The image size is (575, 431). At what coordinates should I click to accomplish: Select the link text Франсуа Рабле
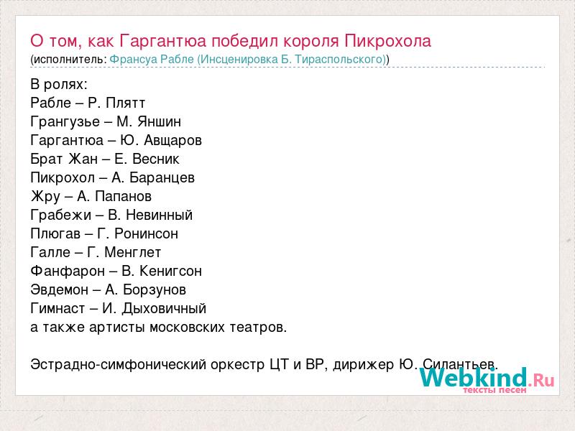[152, 60]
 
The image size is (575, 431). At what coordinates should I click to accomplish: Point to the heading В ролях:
[59, 85]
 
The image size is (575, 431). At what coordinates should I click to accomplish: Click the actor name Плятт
[125, 103]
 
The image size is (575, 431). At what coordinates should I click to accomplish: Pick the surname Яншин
[159, 121]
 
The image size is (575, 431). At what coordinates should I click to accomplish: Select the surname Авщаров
[172, 140]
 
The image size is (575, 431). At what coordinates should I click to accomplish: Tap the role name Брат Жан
[64, 159]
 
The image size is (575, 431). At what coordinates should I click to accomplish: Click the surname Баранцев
[162, 177]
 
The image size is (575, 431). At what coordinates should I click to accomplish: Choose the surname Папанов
[123, 196]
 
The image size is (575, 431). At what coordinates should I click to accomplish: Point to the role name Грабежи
[61, 215]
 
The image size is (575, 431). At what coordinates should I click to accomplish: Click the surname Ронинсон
[146, 234]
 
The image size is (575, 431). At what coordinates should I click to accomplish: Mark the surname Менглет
[133, 253]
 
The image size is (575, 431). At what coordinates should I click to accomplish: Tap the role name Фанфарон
[68, 272]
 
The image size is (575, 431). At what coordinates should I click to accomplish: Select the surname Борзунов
[155, 290]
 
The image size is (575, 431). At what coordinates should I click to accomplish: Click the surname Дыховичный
[164, 309]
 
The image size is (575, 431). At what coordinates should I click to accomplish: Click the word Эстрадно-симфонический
[119, 365]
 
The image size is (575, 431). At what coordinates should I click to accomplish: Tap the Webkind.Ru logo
[487, 380]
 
